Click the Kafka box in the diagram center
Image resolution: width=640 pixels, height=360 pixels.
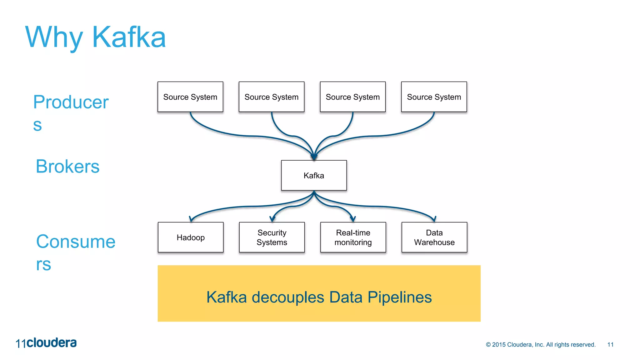point(314,175)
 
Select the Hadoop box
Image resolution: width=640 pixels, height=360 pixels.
point(191,237)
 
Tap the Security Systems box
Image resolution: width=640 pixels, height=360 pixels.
point(272,237)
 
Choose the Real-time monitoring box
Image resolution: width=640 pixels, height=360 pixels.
point(353,237)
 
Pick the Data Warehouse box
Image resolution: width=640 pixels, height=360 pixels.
point(434,237)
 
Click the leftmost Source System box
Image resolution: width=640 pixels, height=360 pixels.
point(190,97)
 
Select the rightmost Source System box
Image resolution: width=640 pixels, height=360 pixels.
point(434,97)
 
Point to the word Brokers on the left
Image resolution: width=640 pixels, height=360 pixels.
point(67,166)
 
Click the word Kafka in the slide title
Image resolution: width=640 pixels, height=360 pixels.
point(129,37)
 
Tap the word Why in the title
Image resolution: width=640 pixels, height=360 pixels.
point(54,37)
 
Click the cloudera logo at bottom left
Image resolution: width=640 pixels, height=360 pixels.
point(51,343)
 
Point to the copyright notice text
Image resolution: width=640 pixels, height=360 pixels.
point(541,344)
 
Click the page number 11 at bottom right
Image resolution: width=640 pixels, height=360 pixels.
point(610,344)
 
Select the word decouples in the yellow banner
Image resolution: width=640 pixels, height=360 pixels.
point(288,297)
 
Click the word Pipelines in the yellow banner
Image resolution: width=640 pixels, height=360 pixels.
point(400,297)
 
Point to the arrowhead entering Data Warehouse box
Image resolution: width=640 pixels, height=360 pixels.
point(434,219)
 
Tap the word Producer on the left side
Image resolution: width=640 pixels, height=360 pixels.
point(71,102)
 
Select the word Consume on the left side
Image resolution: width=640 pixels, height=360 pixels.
point(76,242)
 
